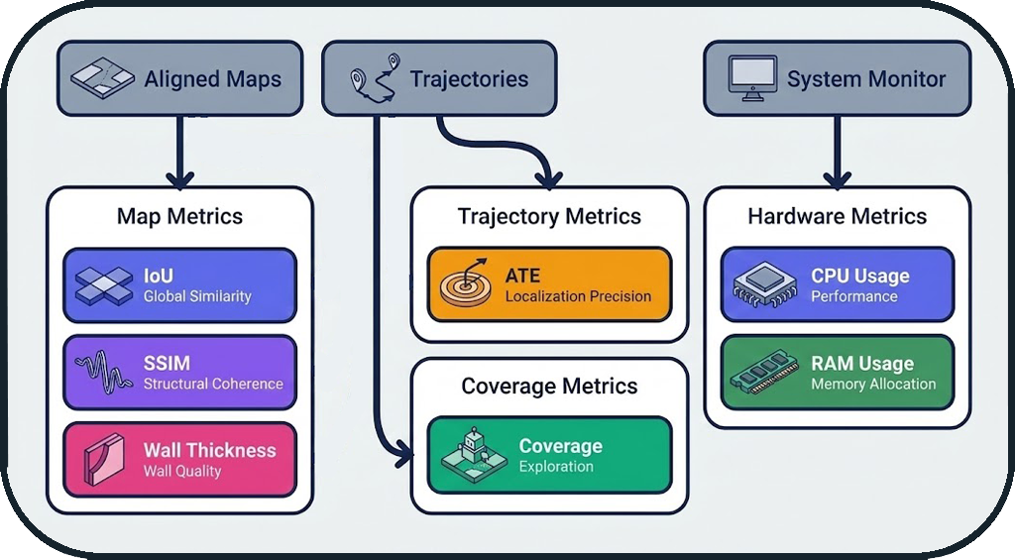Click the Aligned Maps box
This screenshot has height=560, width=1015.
tap(179, 78)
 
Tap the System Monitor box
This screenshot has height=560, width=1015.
tap(838, 78)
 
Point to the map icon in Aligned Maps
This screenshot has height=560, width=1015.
tap(103, 79)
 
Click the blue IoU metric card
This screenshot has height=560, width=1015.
tap(179, 285)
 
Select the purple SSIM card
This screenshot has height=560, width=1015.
tap(179, 373)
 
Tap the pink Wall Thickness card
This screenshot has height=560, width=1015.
tap(179, 460)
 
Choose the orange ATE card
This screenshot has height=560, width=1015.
tap(549, 285)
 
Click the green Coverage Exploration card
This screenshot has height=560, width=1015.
tap(549, 456)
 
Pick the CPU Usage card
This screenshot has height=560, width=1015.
tap(838, 285)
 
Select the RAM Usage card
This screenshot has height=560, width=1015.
tap(838, 373)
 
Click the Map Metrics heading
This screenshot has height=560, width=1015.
tap(179, 216)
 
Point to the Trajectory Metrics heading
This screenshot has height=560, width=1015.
tap(549, 216)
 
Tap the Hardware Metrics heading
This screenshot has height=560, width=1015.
tap(838, 216)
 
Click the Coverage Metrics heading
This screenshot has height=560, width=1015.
tap(549, 386)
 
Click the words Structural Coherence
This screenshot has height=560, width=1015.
tap(213, 384)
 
